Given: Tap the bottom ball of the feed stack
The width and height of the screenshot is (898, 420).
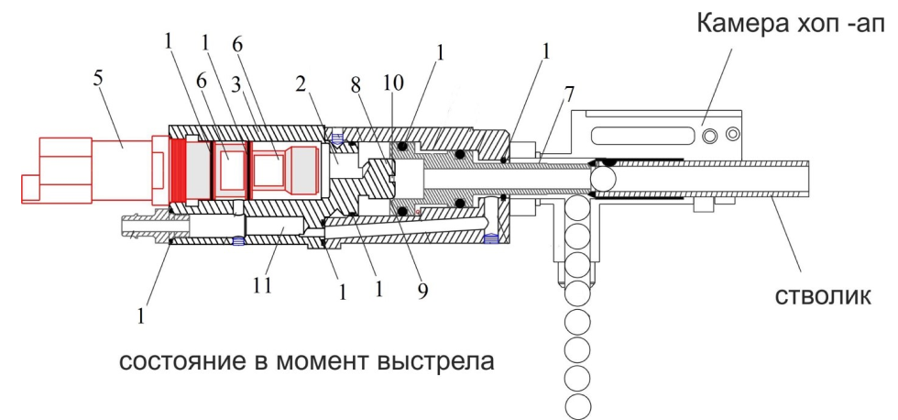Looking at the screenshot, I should coord(577,405).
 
